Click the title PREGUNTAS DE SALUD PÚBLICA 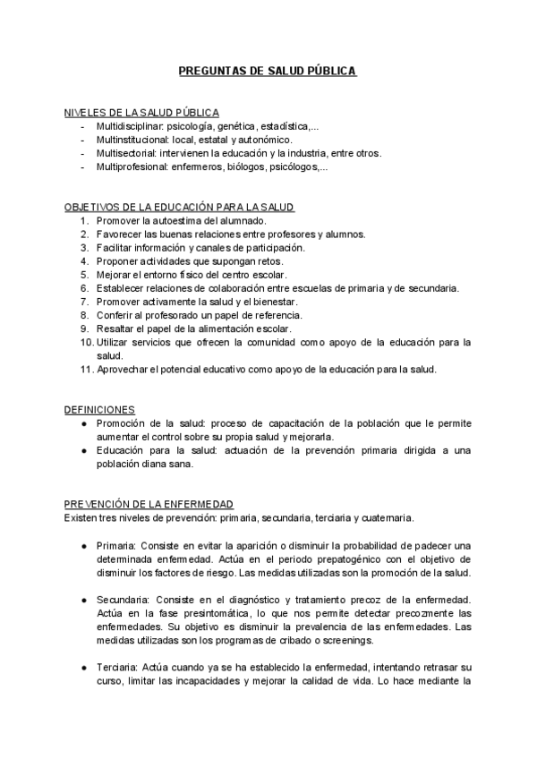(x=268, y=70)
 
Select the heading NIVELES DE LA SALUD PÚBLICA (x=141, y=113)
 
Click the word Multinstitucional (x=132, y=140)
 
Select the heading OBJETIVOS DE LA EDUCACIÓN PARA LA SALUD (x=179, y=207)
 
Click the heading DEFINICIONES (x=99, y=409)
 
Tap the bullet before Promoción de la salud (x=83, y=422)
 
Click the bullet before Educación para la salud (x=83, y=450)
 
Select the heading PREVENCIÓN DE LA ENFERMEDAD (x=149, y=505)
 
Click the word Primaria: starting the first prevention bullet (x=115, y=545)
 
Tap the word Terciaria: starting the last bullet (x=117, y=668)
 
